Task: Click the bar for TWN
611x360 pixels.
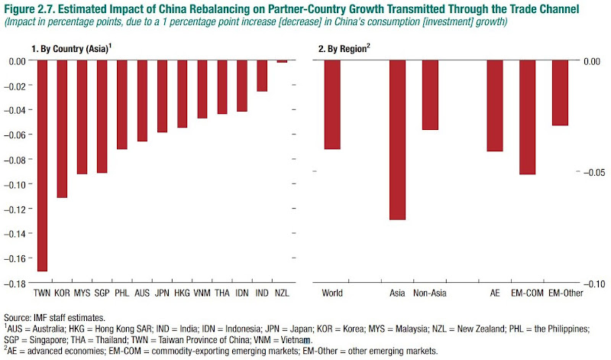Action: tap(43, 165)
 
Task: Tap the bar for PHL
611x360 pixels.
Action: tap(122, 104)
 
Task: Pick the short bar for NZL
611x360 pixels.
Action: tap(282, 61)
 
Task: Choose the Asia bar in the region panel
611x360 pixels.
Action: tap(398, 139)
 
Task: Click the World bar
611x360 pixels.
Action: tap(332, 104)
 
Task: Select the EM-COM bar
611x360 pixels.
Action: tap(528, 117)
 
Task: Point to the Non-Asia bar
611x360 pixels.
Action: tap(430, 95)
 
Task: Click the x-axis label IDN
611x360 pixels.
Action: tap(242, 293)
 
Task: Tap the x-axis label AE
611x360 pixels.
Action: tap(495, 293)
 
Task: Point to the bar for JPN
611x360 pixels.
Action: tap(162, 96)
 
